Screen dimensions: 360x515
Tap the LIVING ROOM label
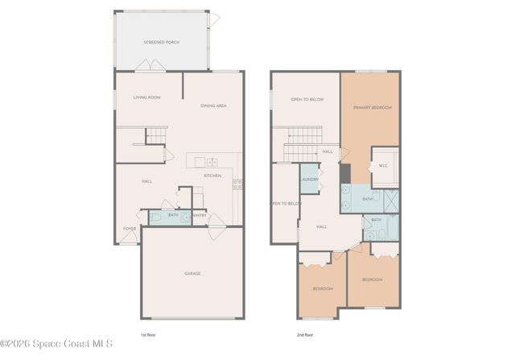coord(147,97)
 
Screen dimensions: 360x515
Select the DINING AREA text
coord(213,106)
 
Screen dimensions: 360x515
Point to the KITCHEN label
coord(212,176)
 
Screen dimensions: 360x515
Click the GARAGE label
coord(192,273)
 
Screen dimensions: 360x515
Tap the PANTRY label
coord(200,215)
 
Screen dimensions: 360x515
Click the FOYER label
coord(129,229)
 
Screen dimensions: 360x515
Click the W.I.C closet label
coord(383,167)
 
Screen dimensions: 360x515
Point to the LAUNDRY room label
coord(310,180)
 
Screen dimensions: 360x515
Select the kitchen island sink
coord(212,161)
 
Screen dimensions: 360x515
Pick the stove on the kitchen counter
coord(237,184)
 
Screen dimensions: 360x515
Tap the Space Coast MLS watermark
coord(56,344)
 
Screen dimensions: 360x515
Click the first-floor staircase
coord(154,137)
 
